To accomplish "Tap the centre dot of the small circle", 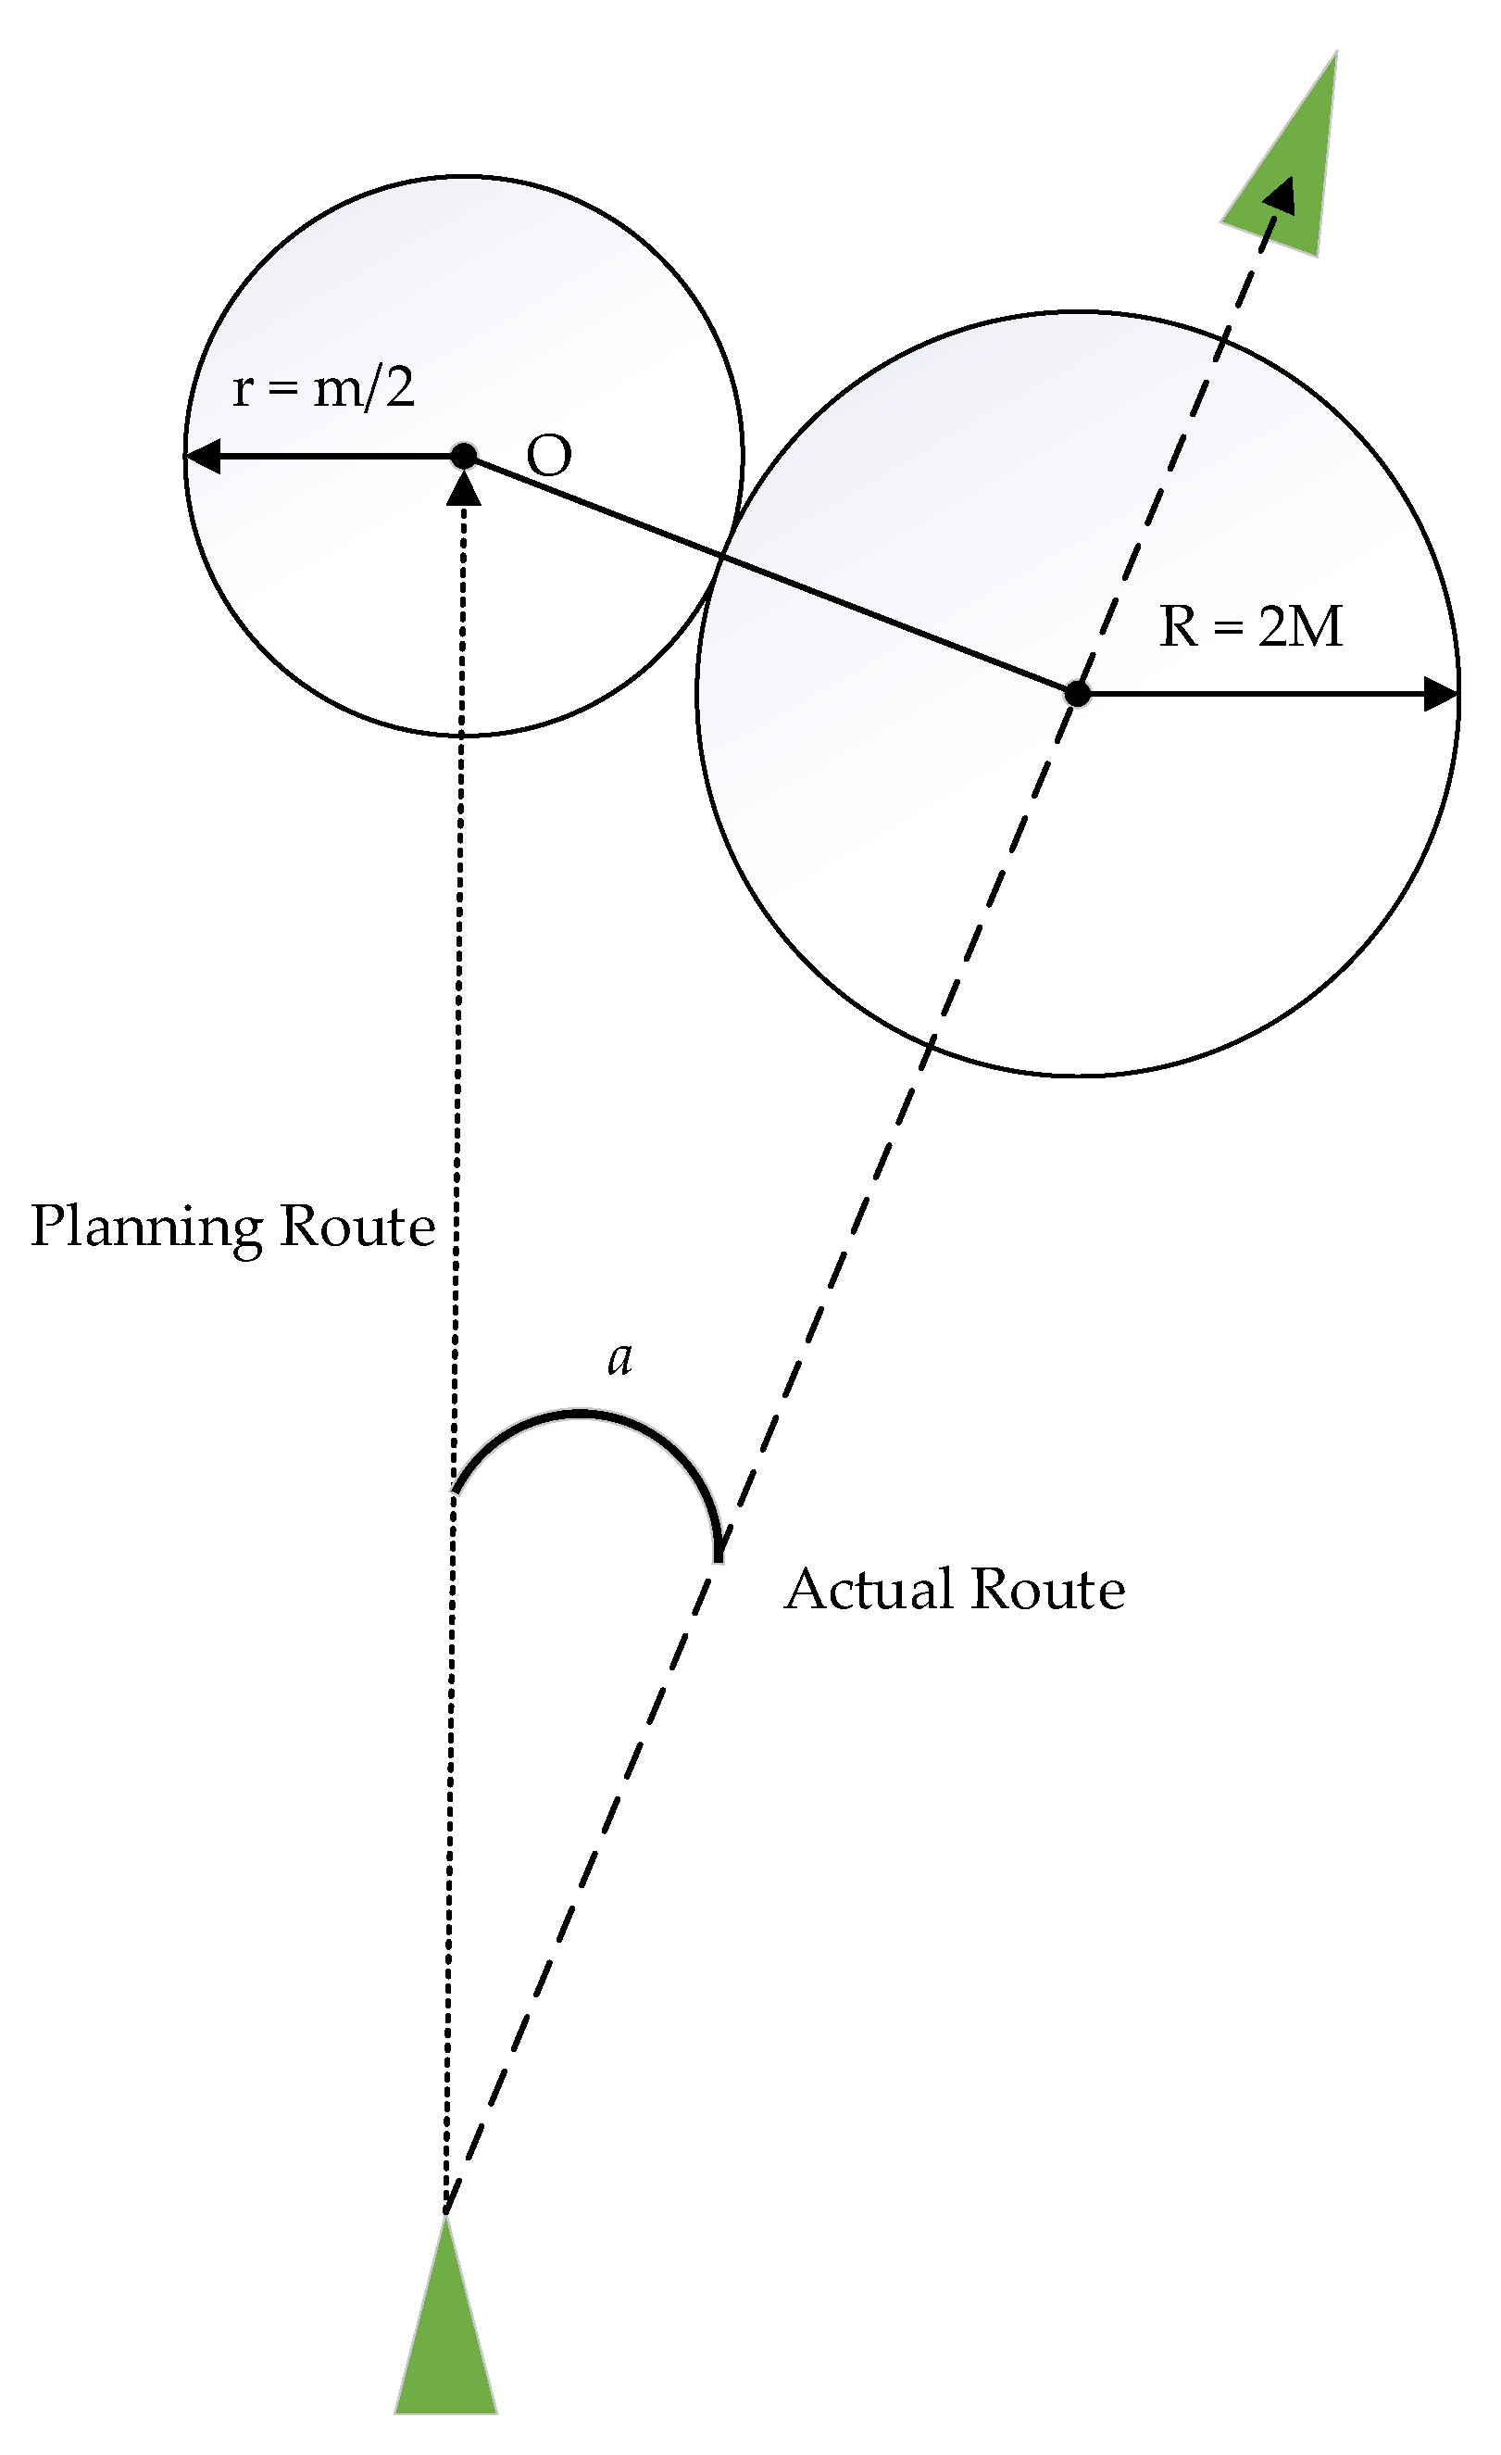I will pyautogui.click(x=464, y=457).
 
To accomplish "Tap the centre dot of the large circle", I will pyautogui.click(x=1077, y=694).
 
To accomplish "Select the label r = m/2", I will pyautogui.click(x=323, y=387).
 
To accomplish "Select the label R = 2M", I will pyautogui.click(x=1251, y=626).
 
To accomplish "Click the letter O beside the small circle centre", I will pyautogui.click(x=549, y=457).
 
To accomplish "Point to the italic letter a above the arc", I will pyautogui.click(x=619, y=1358).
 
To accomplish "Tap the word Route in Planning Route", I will pyautogui.click(x=357, y=1226).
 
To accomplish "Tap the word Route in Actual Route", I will pyautogui.click(x=1048, y=1589).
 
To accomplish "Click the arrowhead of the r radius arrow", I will pyautogui.click(x=202, y=458).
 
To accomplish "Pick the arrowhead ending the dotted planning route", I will pyautogui.click(x=464, y=488).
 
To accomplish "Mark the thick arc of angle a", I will pyautogui.click(x=582, y=1413).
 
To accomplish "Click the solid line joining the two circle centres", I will pyautogui.click(x=767, y=573).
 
